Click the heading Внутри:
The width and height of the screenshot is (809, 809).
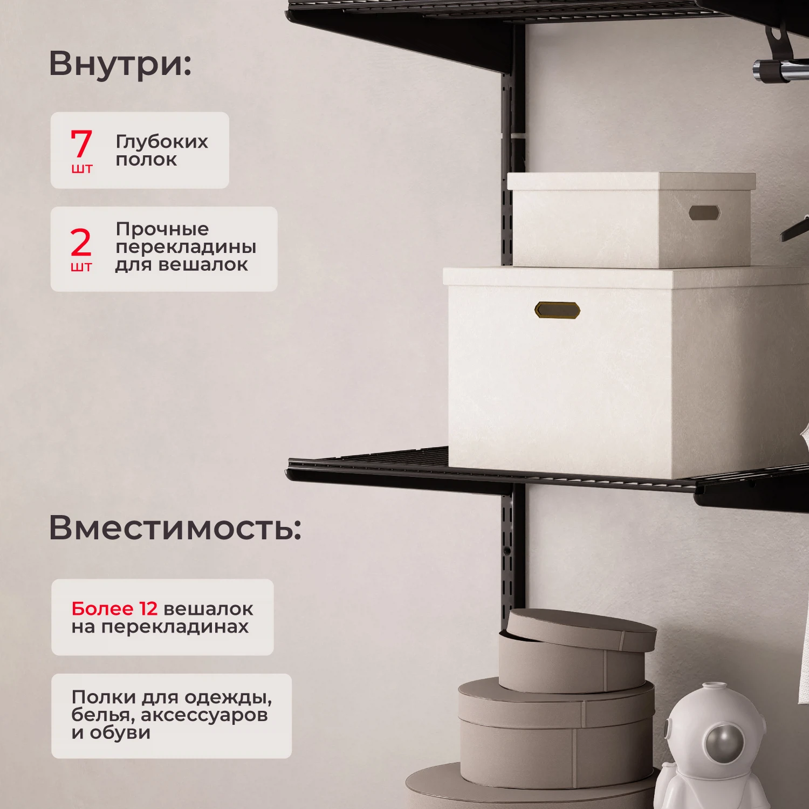tap(120, 64)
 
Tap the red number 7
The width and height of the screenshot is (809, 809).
tap(81, 143)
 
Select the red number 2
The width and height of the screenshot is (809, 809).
tap(81, 243)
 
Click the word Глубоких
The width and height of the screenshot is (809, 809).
tap(162, 142)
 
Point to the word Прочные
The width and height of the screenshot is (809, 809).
tap(162, 229)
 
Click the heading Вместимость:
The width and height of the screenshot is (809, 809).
tap(175, 527)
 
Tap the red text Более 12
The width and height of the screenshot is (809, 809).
tap(114, 608)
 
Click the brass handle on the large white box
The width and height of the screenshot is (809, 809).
tap(557, 310)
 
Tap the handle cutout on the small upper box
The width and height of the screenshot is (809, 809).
tap(704, 212)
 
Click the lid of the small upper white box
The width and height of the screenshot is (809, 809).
tap(631, 181)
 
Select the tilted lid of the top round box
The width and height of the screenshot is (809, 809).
tap(582, 630)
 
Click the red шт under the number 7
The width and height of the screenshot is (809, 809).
tap(81, 169)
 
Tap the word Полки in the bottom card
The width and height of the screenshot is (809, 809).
tap(104, 697)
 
